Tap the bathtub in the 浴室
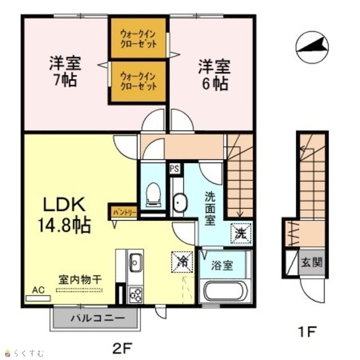click(224, 290)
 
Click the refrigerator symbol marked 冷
click(182, 262)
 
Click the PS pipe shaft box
click(174, 169)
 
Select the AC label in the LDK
click(38, 290)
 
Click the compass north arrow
click(312, 47)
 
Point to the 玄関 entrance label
click(312, 262)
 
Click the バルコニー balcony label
click(98, 318)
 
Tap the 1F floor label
click(306, 332)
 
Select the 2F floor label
click(123, 349)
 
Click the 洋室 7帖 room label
click(65, 71)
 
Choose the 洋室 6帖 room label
click(214, 75)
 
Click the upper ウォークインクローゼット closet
click(138, 38)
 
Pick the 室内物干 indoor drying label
click(80, 280)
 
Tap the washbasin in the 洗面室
click(180, 202)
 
